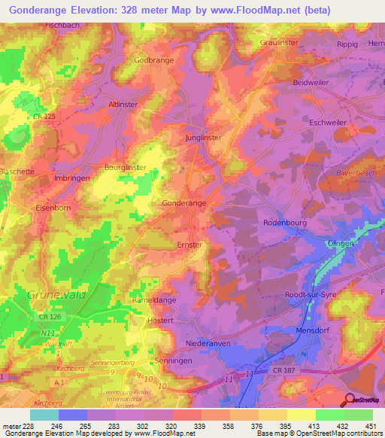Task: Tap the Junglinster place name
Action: pos(205,138)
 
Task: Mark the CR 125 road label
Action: pos(44,116)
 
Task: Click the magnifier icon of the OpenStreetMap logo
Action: pos(350,400)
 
